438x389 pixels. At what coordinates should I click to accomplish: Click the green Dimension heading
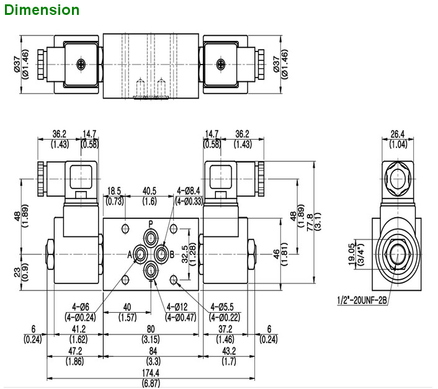pyautogui.click(x=41, y=10)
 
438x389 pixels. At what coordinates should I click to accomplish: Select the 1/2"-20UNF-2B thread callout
pyautogui.click(x=362, y=301)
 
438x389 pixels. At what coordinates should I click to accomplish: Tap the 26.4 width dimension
pyautogui.click(x=397, y=133)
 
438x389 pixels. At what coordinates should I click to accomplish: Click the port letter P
pyautogui.click(x=150, y=223)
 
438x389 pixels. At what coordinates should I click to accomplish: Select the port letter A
pyautogui.click(x=130, y=254)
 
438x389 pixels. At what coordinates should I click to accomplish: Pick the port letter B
pyautogui.click(x=172, y=254)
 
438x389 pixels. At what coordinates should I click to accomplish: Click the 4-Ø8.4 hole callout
pyautogui.click(x=189, y=190)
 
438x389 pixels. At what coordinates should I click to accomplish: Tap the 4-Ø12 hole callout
pyautogui.click(x=181, y=307)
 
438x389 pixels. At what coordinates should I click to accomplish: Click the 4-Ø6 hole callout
pyautogui.click(x=81, y=307)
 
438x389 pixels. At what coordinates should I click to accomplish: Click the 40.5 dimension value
pyautogui.click(x=150, y=190)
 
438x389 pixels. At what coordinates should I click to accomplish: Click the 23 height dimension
pyautogui.click(x=16, y=271)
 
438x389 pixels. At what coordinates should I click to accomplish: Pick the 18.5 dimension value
pyautogui.click(x=114, y=190)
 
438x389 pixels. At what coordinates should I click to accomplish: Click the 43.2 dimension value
pyautogui.click(x=228, y=351)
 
